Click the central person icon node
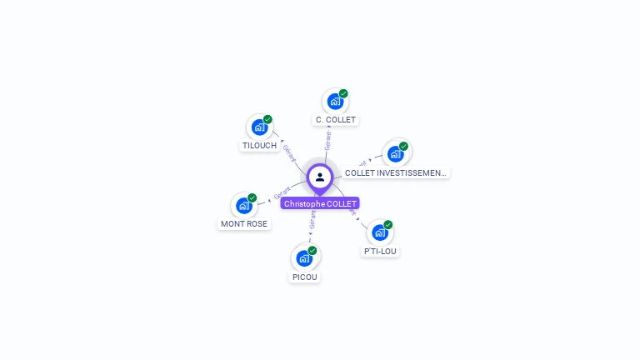coord(320,177)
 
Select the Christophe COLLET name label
coord(320,203)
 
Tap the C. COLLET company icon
coord(335,102)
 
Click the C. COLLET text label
coord(335,120)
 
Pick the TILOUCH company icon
coord(260,127)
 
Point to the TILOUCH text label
coord(259,146)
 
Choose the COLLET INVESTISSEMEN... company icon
coord(396,154)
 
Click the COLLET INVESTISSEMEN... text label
coord(396,173)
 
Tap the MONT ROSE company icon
coord(244,206)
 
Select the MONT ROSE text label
coord(244,224)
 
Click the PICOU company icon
coord(304,258)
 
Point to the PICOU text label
coord(305,277)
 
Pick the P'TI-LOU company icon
coord(380,232)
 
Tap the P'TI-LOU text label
coord(380,251)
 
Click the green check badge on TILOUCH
coord(267,119)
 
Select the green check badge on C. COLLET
coord(343,93)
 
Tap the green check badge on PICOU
coord(312,250)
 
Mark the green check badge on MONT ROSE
coord(252,197)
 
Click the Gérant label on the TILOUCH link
coord(289,152)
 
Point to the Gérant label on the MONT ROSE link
coord(282,194)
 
